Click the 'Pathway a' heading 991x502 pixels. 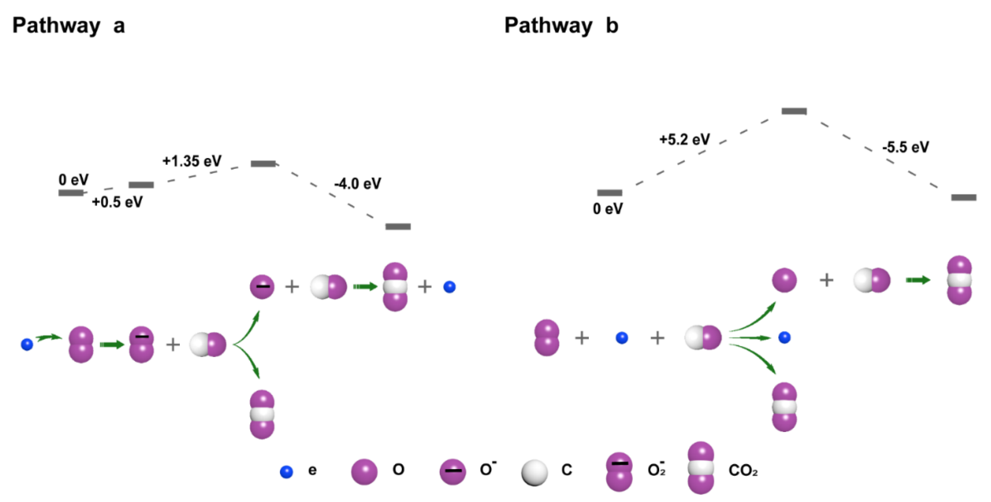click(x=68, y=26)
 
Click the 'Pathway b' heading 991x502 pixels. click(x=561, y=26)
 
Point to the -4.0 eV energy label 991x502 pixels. click(x=357, y=183)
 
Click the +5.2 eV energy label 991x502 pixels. click(x=685, y=139)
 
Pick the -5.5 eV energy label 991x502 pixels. click(x=905, y=147)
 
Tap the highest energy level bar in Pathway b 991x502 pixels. click(x=794, y=111)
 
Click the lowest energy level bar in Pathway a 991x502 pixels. click(x=398, y=227)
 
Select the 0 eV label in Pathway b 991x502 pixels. click(x=608, y=209)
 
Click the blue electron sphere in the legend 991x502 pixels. click(x=286, y=472)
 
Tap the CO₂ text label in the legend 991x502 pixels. click(x=742, y=470)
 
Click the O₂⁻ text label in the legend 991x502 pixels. click(x=656, y=469)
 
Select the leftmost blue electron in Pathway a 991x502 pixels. click(x=27, y=344)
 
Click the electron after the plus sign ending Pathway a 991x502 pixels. click(x=449, y=287)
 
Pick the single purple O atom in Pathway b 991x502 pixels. click(x=784, y=280)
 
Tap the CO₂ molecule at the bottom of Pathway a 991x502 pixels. click(x=262, y=414)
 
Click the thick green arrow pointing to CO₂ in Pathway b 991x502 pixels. click(x=918, y=280)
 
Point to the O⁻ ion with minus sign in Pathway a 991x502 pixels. click(x=262, y=287)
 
